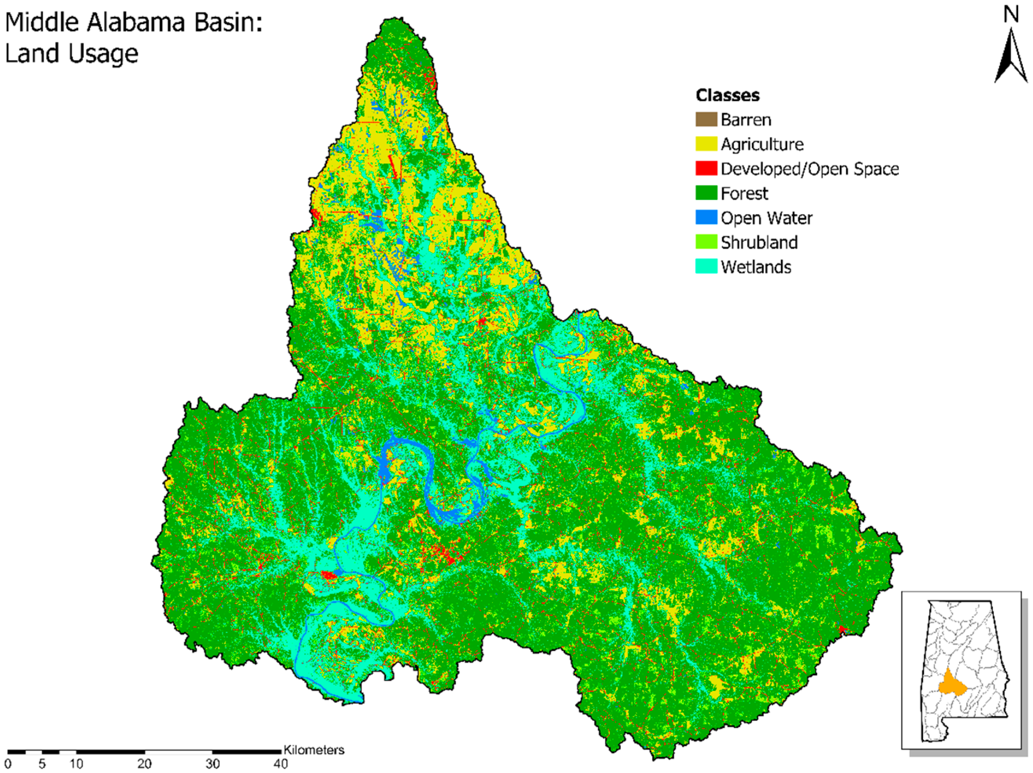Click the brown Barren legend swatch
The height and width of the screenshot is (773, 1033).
706,120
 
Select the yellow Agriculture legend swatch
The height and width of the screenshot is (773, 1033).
706,144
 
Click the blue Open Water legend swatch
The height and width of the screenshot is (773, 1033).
706,218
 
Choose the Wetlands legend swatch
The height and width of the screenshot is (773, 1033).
706,267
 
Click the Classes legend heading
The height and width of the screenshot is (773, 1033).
727,95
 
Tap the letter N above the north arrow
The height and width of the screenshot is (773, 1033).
1011,15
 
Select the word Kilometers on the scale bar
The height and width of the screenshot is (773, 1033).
314,750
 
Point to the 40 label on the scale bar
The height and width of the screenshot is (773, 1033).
280,764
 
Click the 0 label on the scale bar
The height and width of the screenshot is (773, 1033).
8,764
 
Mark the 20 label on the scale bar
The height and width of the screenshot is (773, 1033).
144,764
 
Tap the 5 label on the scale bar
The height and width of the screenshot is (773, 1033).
42,764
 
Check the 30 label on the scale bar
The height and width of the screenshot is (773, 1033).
212,764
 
